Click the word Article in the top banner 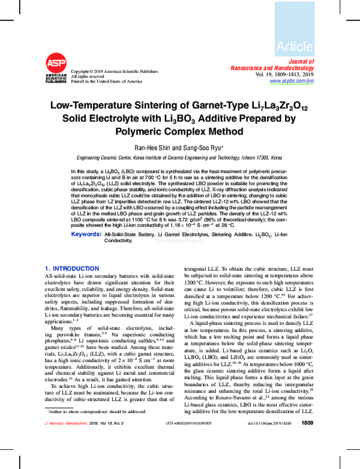[295, 46]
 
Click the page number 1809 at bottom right [307, 457]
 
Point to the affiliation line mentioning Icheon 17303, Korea [179, 157]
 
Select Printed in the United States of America [106, 80]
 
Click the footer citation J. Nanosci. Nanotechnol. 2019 [82, 458]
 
